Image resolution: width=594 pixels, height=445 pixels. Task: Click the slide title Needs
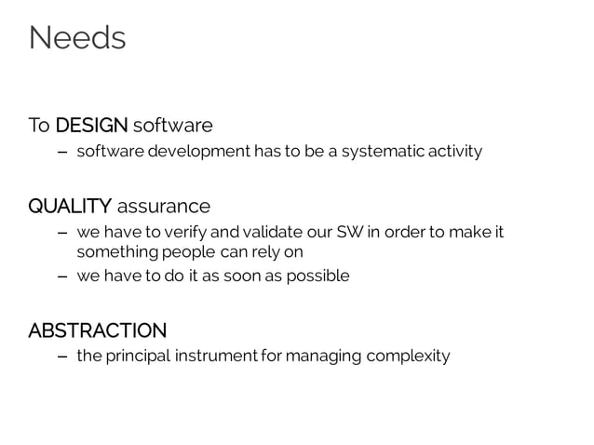click(77, 38)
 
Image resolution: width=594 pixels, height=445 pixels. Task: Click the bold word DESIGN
click(91, 125)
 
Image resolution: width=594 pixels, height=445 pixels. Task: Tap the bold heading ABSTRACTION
click(97, 330)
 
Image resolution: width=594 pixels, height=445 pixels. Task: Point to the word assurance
click(164, 205)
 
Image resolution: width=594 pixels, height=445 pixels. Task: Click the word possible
click(318, 276)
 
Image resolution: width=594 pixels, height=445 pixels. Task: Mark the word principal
click(136, 357)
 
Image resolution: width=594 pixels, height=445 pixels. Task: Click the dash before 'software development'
click(61, 152)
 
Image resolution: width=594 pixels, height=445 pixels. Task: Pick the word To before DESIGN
click(38, 125)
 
